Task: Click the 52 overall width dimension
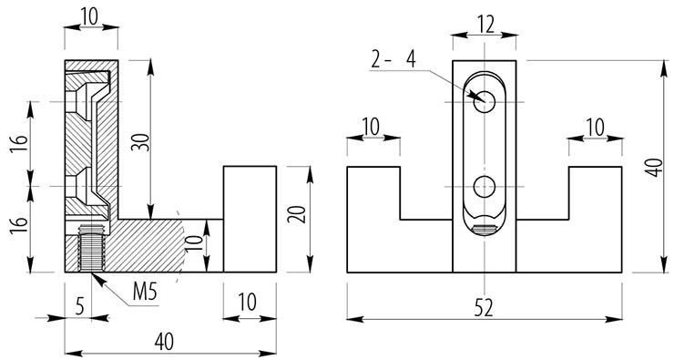[x=484, y=308]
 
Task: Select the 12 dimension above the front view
[x=485, y=25]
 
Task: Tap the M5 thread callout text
[x=145, y=293]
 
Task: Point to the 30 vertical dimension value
[x=143, y=142]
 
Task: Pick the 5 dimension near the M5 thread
[x=80, y=307]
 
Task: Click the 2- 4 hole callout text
[x=393, y=60]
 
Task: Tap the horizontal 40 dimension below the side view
[x=164, y=342]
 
